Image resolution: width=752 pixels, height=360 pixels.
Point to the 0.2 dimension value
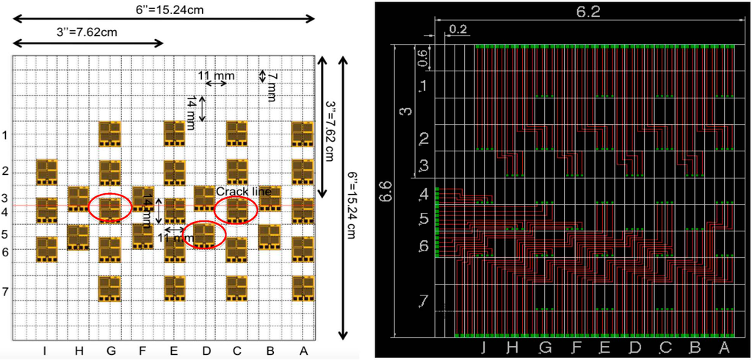coord(458,29)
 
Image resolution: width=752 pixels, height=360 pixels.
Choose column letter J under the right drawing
coord(483,347)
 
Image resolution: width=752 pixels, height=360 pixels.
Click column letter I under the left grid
coord(46,351)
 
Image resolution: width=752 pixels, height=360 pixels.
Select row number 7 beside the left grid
coord(5,292)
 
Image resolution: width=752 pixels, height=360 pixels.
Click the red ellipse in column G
coord(109,208)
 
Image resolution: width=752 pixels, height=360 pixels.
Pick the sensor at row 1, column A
coord(303,134)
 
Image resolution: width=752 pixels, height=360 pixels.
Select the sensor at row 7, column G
coord(109,287)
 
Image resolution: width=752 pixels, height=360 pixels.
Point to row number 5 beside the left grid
coord(5,235)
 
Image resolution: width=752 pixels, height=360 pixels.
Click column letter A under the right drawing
coord(724,347)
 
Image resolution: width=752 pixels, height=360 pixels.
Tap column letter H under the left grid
coord(78,351)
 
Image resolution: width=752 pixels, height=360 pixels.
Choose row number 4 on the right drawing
coord(423,195)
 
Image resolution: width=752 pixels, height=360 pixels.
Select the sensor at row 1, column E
coord(174,134)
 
